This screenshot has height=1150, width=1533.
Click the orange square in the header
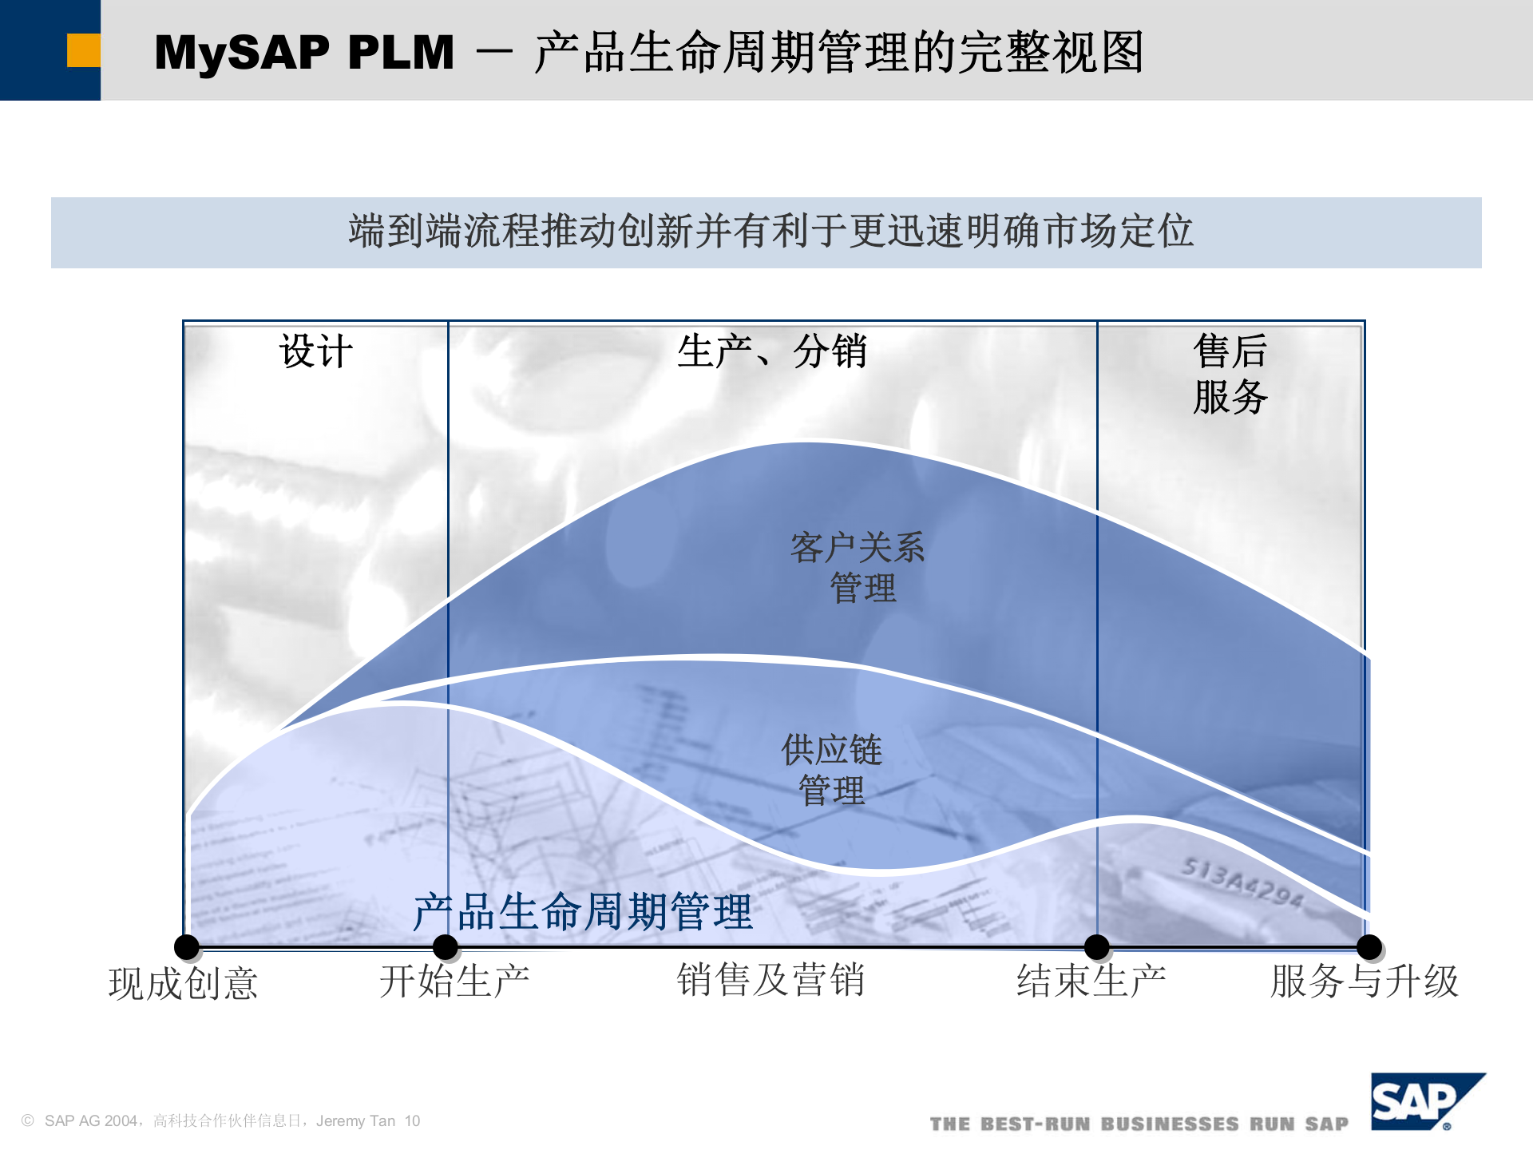tap(83, 50)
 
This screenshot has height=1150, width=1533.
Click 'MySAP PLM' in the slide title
tap(303, 53)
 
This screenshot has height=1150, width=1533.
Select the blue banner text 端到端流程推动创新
tap(770, 232)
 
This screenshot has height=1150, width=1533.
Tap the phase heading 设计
tap(315, 351)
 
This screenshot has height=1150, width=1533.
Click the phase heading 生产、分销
tap(771, 351)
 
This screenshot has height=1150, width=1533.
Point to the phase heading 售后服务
tap(1230, 374)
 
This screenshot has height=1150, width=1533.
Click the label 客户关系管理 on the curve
tap(858, 568)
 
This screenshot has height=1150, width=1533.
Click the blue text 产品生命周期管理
tap(582, 911)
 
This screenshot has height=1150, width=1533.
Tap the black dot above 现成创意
tap(187, 947)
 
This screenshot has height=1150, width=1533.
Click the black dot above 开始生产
tap(446, 947)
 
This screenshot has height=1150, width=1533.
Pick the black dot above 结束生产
tap(1097, 947)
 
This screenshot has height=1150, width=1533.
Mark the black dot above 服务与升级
tap(1369, 947)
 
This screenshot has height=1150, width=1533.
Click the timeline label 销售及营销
tap(770, 981)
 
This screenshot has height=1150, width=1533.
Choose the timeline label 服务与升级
tap(1365, 981)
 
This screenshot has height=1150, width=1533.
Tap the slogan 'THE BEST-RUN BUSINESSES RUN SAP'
tap(1139, 1124)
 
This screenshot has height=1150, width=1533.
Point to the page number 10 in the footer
tap(412, 1121)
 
